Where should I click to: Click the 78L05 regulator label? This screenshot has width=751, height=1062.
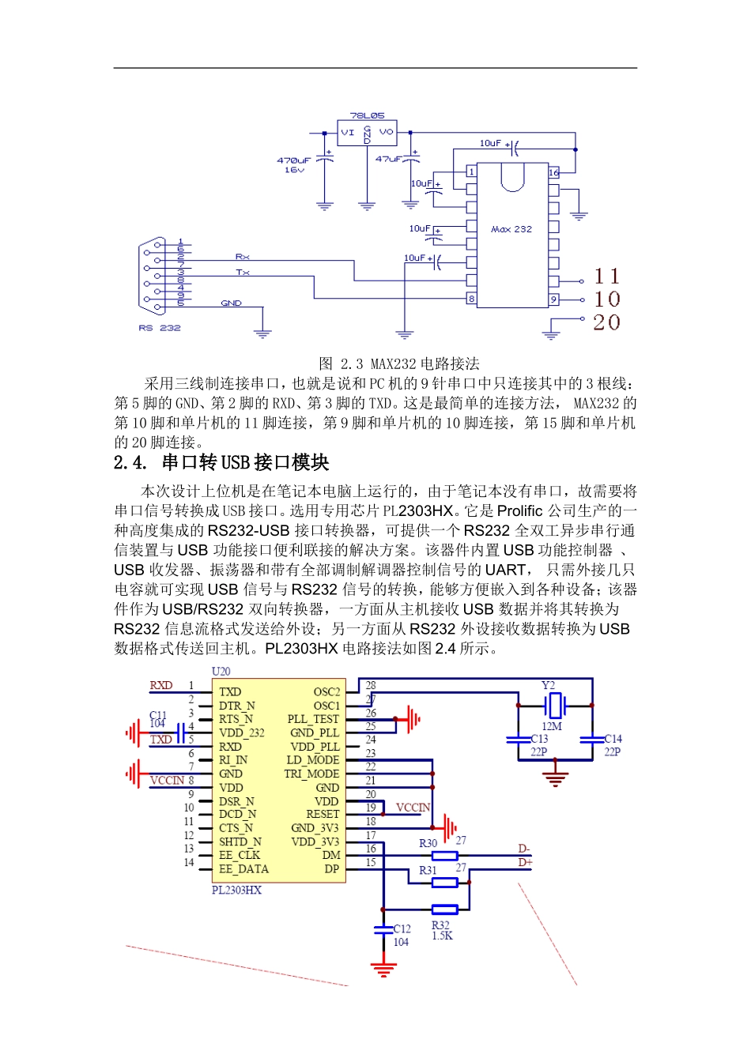[x=367, y=115]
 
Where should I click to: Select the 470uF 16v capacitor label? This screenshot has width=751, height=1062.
[x=293, y=164]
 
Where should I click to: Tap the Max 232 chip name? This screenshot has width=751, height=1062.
[x=511, y=229]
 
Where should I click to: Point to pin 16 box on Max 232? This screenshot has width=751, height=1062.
[x=553, y=171]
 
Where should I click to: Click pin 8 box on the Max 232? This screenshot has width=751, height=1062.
[x=471, y=299]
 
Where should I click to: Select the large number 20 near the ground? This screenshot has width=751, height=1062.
[x=606, y=322]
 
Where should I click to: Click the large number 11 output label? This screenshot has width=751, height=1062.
[x=606, y=277]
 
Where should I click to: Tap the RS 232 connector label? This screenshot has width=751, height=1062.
[x=160, y=328]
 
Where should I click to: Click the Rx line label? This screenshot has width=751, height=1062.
[x=242, y=257]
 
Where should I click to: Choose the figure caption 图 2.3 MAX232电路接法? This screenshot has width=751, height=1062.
[x=398, y=363]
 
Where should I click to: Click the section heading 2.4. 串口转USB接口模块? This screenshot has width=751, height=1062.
[x=221, y=462]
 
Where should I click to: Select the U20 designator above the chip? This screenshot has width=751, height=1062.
[x=221, y=672]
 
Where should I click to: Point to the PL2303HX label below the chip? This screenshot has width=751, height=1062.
[x=236, y=891]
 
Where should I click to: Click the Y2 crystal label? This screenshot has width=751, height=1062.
[x=548, y=685]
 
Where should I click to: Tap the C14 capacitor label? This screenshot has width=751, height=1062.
[x=613, y=739]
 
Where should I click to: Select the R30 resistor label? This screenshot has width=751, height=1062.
[x=428, y=843]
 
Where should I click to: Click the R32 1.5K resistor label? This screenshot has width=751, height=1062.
[x=442, y=931]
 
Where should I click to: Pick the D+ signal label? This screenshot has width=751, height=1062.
[x=525, y=862]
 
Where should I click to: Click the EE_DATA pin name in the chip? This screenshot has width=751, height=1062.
[x=243, y=869]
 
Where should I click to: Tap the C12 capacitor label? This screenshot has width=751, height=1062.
[x=402, y=929]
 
